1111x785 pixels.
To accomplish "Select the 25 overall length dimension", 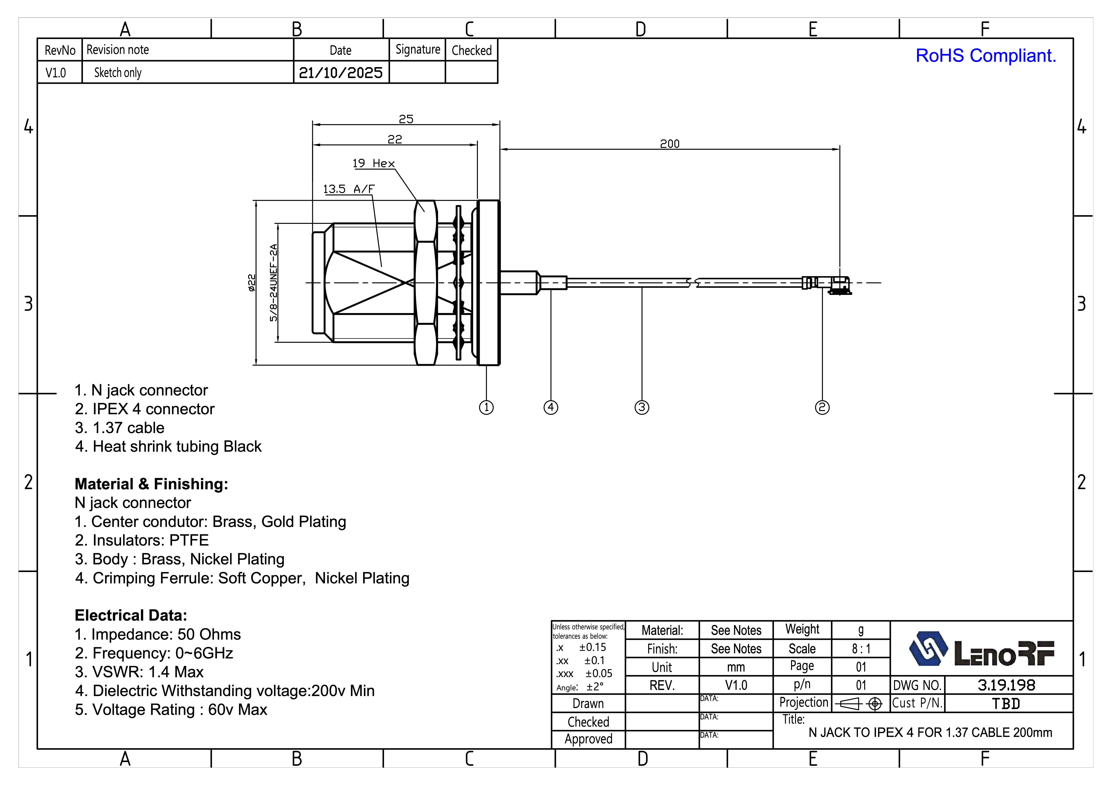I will coord(406,119).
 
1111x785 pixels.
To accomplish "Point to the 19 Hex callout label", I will coord(374,164).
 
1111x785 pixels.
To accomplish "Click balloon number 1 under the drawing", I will coord(486,407).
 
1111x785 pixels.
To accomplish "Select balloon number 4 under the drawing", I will coord(551,407).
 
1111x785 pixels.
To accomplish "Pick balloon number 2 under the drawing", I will coord(822,407).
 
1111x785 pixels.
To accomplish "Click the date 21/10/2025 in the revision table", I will coord(341,73).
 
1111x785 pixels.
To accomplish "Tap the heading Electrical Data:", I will coord(131,615).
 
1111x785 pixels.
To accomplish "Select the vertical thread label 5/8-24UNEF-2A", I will coord(274,283).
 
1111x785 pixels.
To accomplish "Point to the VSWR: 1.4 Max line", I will coord(139,672).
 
